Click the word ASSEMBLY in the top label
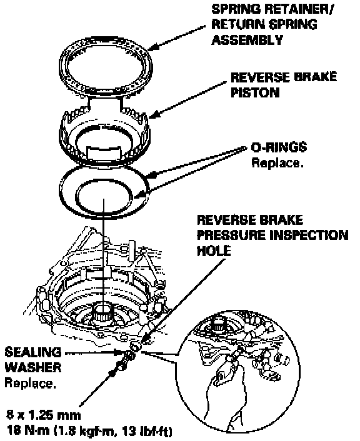pyautogui.click(x=247, y=40)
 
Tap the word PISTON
pyautogui.click(x=255, y=92)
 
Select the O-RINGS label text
pyautogui.click(x=279, y=147)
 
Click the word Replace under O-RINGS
pyautogui.click(x=277, y=162)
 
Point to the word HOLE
pyautogui.click(x=214, y=250)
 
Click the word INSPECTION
pyautogui.click(x=309, y=235)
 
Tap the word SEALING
pyautogui.click(x=33, y=352)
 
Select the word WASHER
pyautogui.click(x=33, y=367)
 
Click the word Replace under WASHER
pyautogui.click(x=30, y=383)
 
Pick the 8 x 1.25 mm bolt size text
pyautogui.click(x=44, y=415)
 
